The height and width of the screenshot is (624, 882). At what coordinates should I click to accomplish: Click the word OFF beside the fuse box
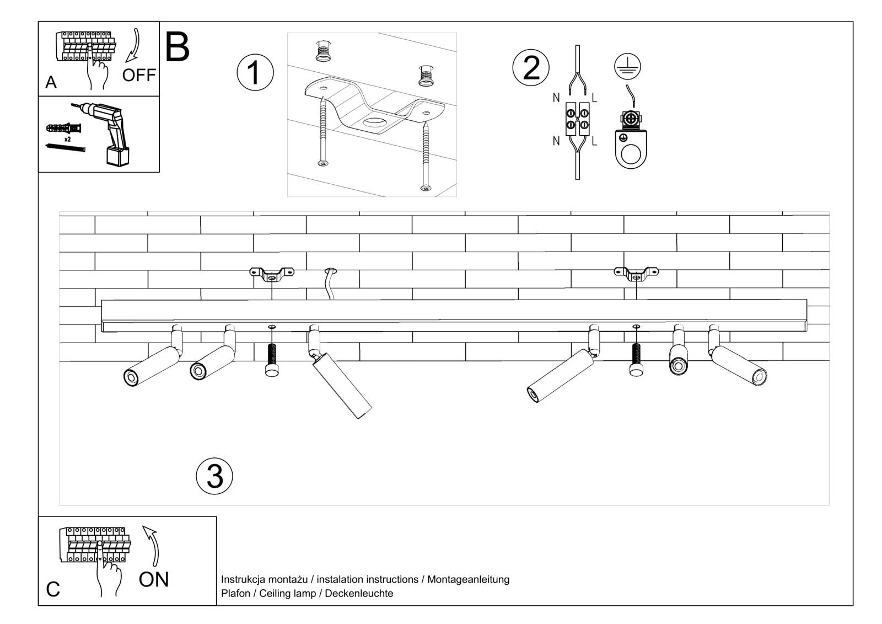(x=138, y=74)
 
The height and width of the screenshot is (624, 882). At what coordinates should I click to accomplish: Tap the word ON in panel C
(x=154, y=579)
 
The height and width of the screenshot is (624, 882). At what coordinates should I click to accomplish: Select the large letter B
(x=177, y=47)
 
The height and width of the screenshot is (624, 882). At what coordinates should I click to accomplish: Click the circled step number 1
(x=255, y=73)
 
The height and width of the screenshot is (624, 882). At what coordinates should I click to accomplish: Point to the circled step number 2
(x=531, y=68)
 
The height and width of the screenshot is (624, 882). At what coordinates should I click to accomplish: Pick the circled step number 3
(x=214, y=476)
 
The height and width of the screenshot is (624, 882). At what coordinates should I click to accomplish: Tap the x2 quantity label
(x=67, y=140)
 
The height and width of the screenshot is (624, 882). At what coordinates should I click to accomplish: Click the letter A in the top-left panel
(x=51, y=82)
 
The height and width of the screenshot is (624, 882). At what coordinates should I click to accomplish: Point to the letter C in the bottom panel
(x=53, y=589)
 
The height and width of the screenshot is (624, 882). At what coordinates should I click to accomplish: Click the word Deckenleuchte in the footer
(x=359, y=594)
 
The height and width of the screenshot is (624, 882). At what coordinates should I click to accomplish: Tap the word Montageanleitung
(x=468, y=579)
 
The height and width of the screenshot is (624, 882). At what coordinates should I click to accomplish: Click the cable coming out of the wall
(x=329, y=285)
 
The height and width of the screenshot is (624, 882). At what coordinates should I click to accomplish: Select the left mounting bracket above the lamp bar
(x=272, y=273)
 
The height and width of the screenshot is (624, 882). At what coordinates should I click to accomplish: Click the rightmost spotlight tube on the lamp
(x=739, y=365)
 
